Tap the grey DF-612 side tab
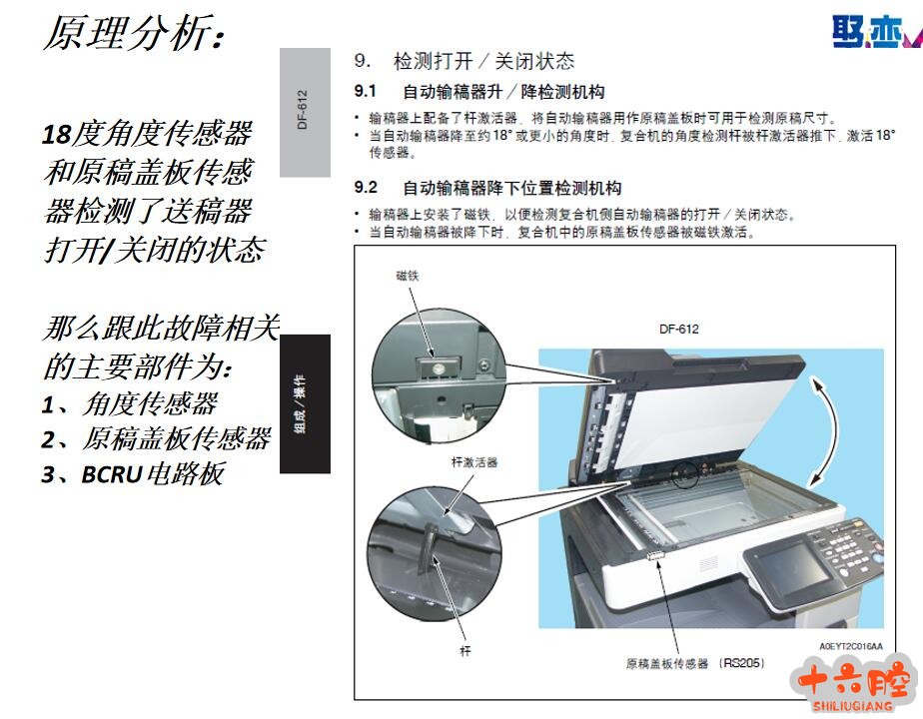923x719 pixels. (x=305, y=113)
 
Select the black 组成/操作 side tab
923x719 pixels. (x=305, y=403)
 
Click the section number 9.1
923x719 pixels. (x=365, y=91)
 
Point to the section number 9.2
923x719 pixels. (x=366, y=188)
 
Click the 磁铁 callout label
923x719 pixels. (x=408, y=276)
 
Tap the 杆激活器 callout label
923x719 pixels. (x=473, y=462)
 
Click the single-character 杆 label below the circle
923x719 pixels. (x=465, y=651)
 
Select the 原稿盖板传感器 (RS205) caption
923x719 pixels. (x=695, y=664)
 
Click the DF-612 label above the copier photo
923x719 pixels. (x=678, y=329)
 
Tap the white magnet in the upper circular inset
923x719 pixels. (x=438, y=368)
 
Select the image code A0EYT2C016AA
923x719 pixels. (x=851, y=646)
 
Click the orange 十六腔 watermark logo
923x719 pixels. (x=853, y=684)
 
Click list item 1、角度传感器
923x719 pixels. (x=130, y=404)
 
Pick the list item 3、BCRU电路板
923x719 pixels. (x=134, y=474)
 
